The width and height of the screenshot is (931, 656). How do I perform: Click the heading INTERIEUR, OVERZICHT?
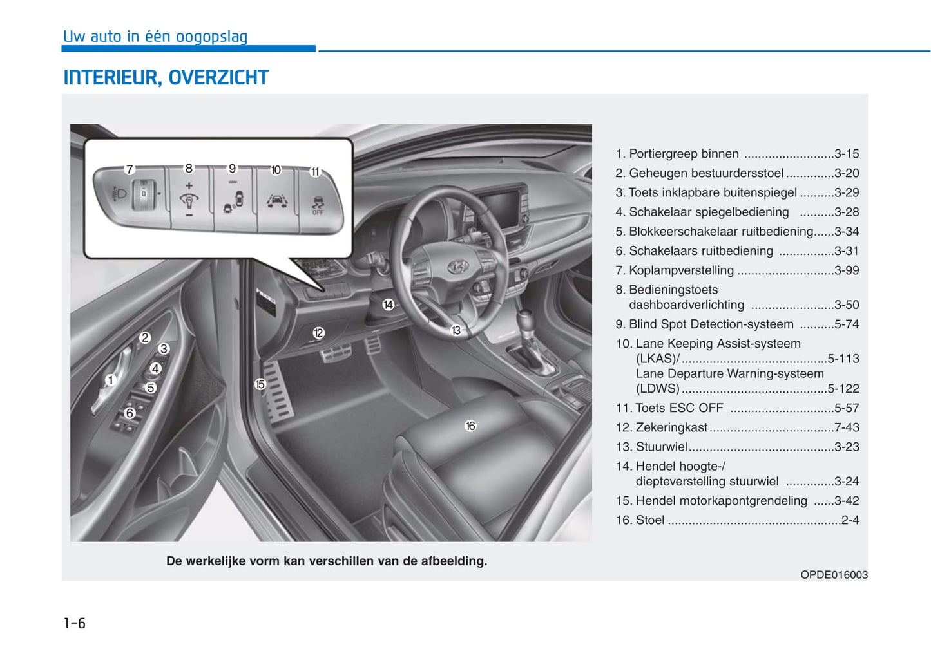pos(166,77)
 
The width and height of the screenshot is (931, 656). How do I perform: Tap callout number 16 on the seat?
pos(470,426)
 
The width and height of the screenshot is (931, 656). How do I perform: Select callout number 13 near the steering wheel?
pos(456,330)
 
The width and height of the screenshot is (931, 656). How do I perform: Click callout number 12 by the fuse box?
pos(318,333)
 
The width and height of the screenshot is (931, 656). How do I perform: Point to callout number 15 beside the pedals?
pos(260,384)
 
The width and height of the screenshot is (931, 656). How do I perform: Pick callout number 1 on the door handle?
pos(110,380)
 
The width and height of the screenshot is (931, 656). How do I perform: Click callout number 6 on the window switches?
pos(130,413)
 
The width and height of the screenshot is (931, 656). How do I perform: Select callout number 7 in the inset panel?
pos(130,169)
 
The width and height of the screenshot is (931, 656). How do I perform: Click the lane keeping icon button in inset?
pos(276,201)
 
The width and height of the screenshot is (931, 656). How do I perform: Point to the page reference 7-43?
pos(846,427)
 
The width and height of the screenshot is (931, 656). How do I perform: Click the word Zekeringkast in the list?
pos(671,427)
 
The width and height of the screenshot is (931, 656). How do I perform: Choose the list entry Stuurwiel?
pos(661,447)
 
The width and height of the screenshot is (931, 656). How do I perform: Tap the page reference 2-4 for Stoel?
pos(850,520)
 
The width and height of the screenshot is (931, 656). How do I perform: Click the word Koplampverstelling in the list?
pos(681,270)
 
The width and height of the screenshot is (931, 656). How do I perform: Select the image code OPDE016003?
pos(834,575)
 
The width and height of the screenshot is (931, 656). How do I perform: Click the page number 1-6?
pos(75,623)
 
